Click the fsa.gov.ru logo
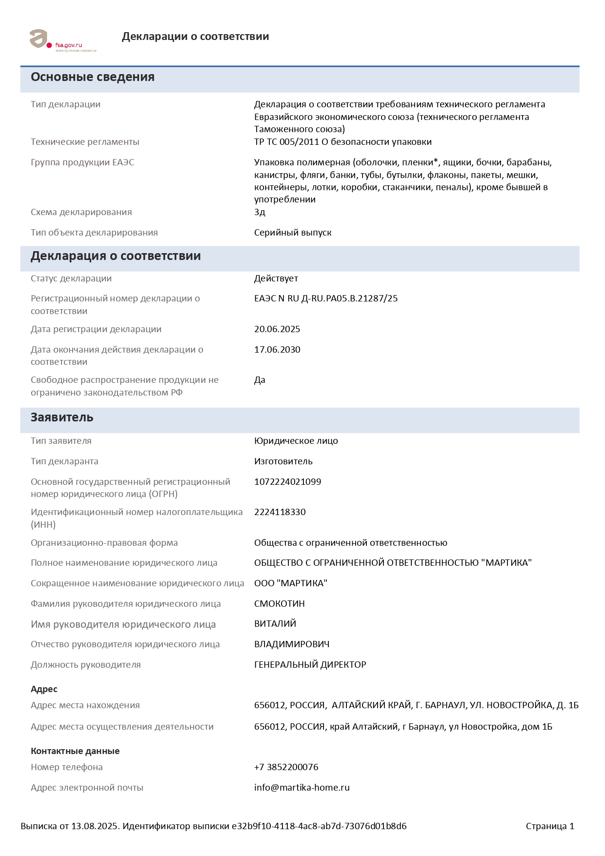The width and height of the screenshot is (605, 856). [62, 40]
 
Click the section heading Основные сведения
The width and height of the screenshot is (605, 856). [93, 77]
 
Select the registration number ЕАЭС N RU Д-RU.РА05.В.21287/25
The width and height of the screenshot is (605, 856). [325, 299]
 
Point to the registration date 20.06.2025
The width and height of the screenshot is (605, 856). [277, 329]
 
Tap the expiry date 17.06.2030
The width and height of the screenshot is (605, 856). [277, 350]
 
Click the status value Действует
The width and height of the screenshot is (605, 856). [276, 279]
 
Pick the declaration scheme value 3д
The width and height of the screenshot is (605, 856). [260, 212]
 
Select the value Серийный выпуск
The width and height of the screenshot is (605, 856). [293, 233]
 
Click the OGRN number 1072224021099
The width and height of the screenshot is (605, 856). [287, 482]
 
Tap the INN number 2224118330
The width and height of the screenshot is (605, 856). [280, 512]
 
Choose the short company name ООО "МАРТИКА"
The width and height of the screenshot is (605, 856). [290, 583]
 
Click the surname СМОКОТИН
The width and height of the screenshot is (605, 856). [279, 604]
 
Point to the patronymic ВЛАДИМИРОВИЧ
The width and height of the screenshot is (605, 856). [291, 644]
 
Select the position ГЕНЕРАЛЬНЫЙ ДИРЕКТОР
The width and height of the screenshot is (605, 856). [310, 665]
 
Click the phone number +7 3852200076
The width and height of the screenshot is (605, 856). [286, 767]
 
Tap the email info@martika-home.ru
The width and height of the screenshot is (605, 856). [302, 788]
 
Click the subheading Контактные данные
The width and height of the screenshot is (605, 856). [75, 751]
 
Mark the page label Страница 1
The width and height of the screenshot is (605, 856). [550, 826]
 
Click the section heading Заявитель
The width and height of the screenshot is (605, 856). [62, 418]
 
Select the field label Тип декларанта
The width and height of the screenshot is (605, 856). [64, 461]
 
